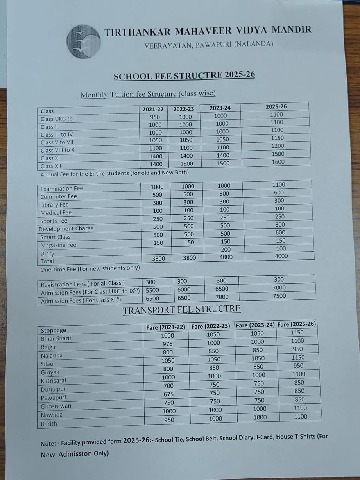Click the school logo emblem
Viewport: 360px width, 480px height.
click(x=83, y=41)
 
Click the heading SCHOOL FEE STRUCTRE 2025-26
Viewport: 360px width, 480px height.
click(x=184, y=76)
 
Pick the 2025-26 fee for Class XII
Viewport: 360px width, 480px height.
click(x=278, y=162)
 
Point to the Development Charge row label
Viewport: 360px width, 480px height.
click(x=66, y=229)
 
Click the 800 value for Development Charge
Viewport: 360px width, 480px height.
click(x=280, y=225)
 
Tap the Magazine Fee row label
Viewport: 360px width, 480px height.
click(x=58, y=245)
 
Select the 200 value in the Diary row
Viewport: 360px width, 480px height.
click(x=226, y=250)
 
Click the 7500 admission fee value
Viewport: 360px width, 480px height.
click(x=279, y=296)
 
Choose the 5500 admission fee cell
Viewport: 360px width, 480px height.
click(x=152, y=290)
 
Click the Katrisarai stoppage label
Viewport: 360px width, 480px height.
click(x=54, y=381)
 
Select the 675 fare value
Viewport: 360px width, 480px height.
click(x=168, y=394)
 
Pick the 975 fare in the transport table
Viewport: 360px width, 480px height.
click(x=167, y=344)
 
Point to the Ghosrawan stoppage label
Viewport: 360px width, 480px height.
click(x=56, y=406)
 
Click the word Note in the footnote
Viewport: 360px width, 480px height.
click(x=47, y=444)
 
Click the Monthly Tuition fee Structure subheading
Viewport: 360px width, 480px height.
click(x=148, y=94)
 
